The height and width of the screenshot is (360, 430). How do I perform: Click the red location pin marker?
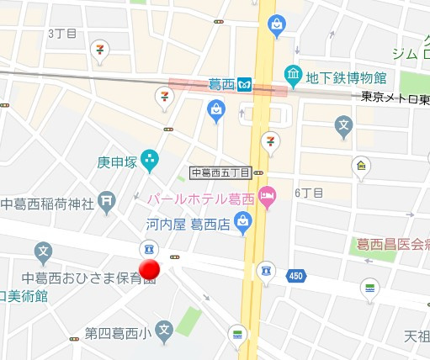150,269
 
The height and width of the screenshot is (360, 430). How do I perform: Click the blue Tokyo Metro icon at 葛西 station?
246,84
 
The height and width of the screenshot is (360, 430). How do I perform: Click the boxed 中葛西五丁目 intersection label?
221,173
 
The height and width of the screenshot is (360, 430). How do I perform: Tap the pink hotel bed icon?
267,198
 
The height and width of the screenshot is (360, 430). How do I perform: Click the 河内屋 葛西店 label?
186,225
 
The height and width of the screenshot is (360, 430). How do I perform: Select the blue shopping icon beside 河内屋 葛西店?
244,223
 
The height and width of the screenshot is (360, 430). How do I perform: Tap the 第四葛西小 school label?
117,333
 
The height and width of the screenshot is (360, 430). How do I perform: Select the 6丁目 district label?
309,193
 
